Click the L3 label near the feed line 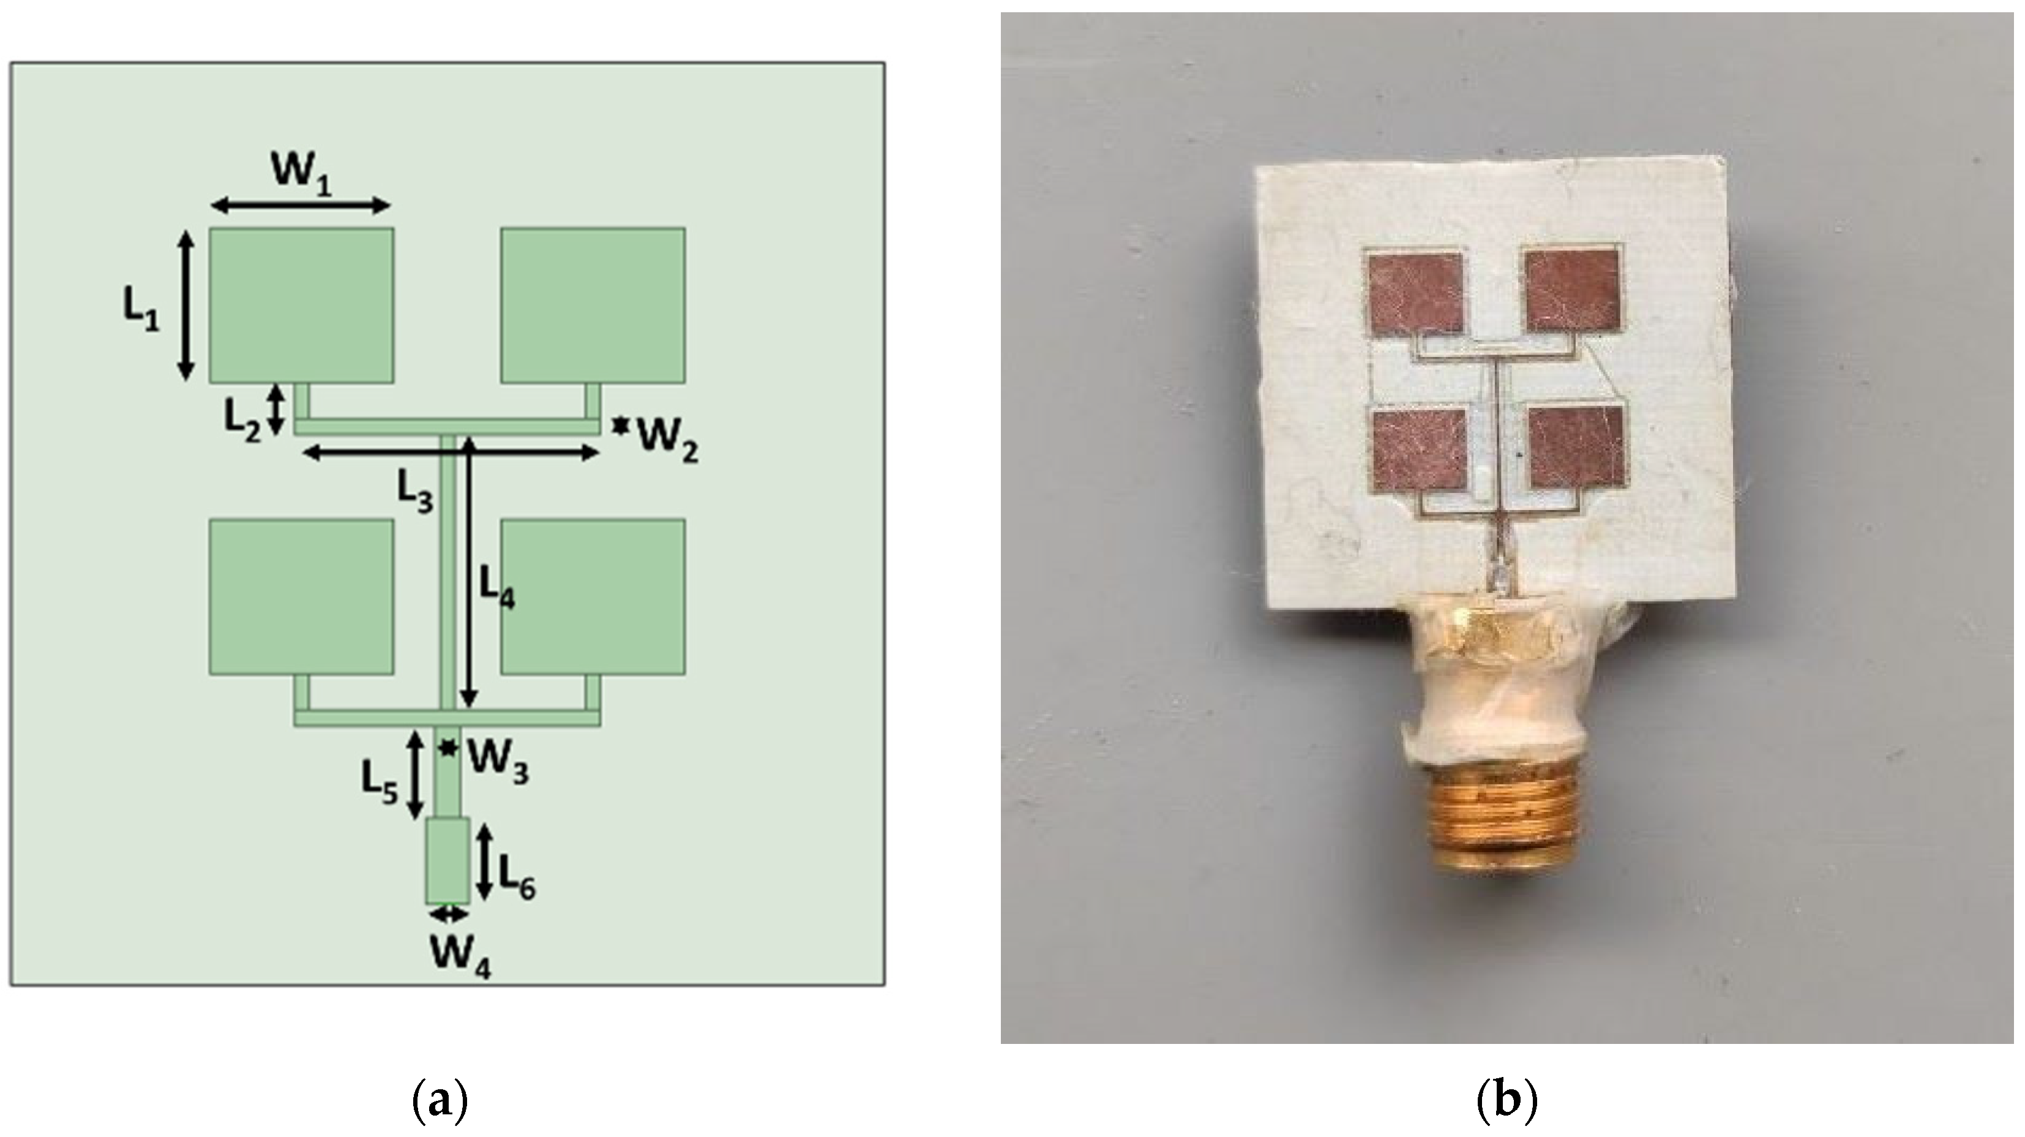tap(414, 493)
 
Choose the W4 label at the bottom tap(460, 958)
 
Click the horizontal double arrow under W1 tap(302, 206)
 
